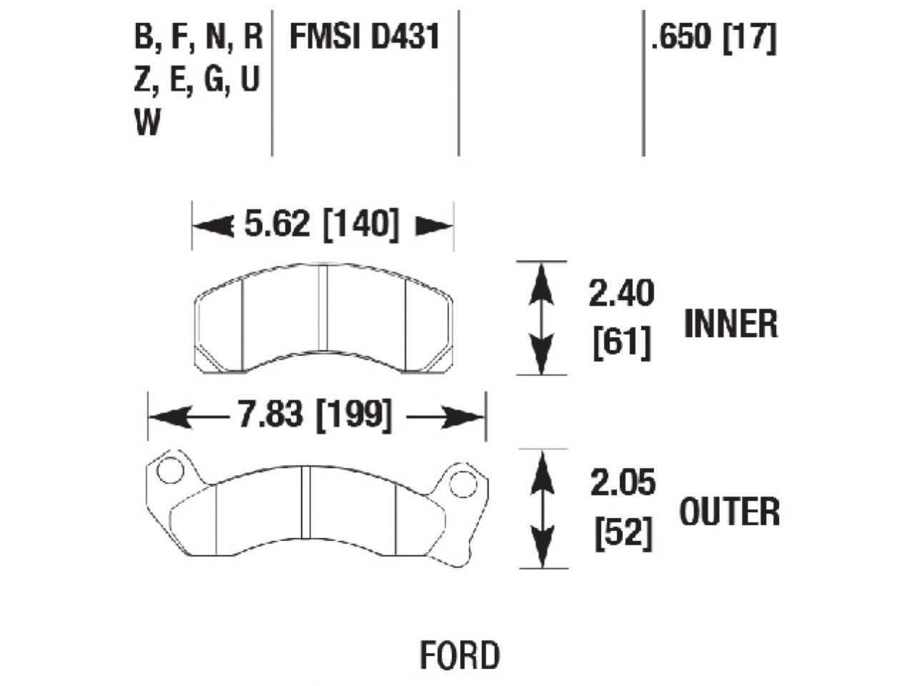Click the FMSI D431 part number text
point(364,37)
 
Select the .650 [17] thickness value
point(713,37)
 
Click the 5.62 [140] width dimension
point(321,225)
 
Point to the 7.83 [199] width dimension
point(315,415)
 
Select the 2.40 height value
point(620,294)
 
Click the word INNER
point(731,324)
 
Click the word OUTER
point(729,512)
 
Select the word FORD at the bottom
point(460,655)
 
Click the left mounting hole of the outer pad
point(169,471)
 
